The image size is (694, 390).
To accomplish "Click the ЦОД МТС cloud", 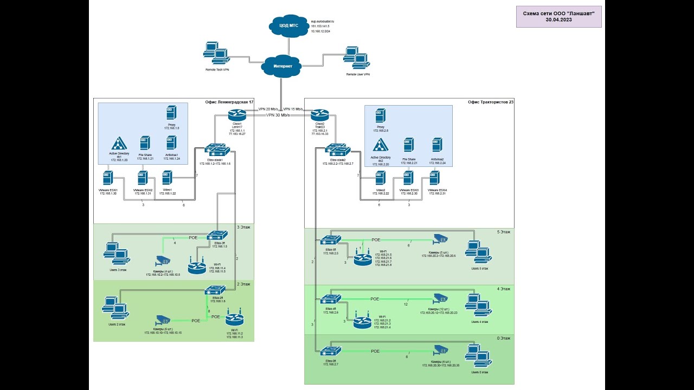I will [x=288, y=26].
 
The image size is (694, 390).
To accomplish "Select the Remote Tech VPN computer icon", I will [x=216, y=53].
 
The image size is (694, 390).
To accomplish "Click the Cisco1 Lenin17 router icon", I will [x=237, y=115].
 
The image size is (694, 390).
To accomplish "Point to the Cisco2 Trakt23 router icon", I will [x=320, y=115].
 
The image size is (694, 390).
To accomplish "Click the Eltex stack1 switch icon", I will [x=217, y=150].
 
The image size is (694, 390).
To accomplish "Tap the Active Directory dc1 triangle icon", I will [x=119, y=144].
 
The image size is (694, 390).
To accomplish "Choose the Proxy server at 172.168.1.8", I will [x=171, y=114].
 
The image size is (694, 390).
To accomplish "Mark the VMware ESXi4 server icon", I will [x=433, y=179].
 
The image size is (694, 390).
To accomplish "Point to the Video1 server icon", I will [x=167, y=178].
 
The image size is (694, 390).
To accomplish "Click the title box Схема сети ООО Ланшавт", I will [x=558, y=16].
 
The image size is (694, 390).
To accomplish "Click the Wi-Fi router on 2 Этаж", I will [x=235, y=320].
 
